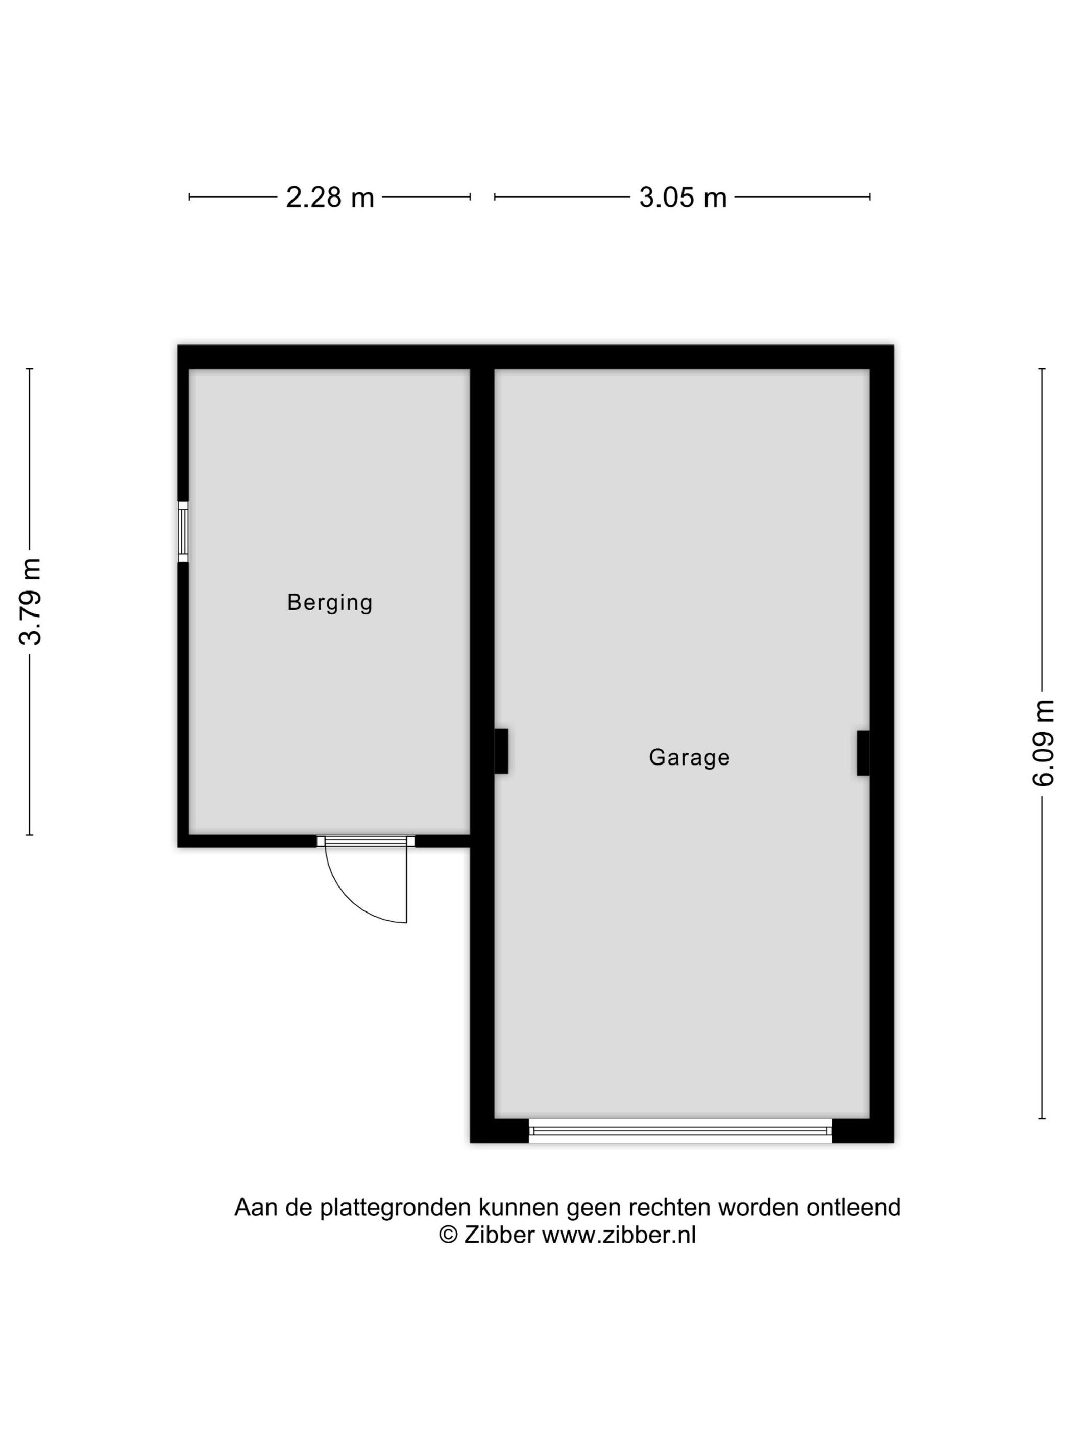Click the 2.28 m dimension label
coord(330,197)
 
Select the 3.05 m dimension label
coord(683,197)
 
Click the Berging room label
coord(330,602)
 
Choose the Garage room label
coord(689,757)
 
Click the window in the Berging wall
coord(183,532)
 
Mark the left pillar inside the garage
coord(501,751)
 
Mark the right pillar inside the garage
coord(863,753)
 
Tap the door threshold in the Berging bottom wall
coord(366,841)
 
